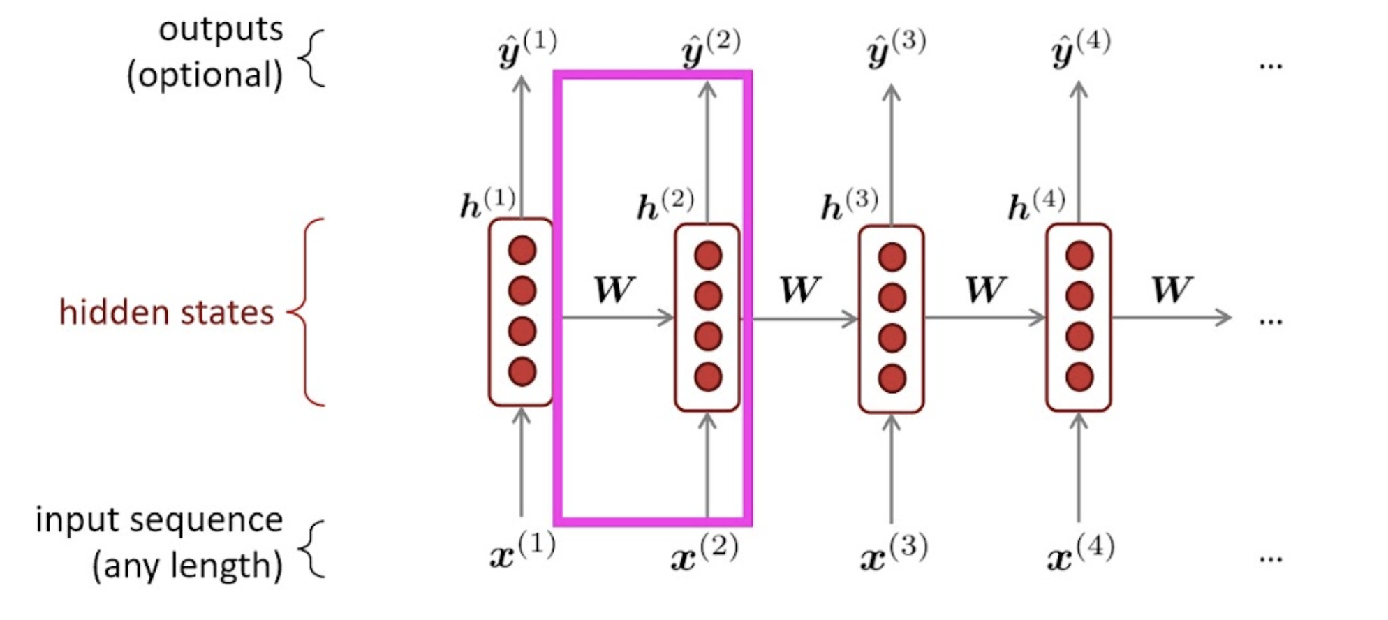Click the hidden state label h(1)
(487, 204)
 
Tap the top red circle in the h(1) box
(522, 250)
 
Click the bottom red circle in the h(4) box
(1079, 377)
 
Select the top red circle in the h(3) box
(892, 257)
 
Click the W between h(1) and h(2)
(614, 289)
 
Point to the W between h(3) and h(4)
(984, 289)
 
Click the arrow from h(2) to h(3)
(803, 320)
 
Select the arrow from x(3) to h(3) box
(892, 468)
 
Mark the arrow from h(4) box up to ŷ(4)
(1079, 154)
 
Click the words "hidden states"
(166, 312)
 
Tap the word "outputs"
(221, 29)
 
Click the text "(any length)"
(187, 566)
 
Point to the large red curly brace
(307, 312)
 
